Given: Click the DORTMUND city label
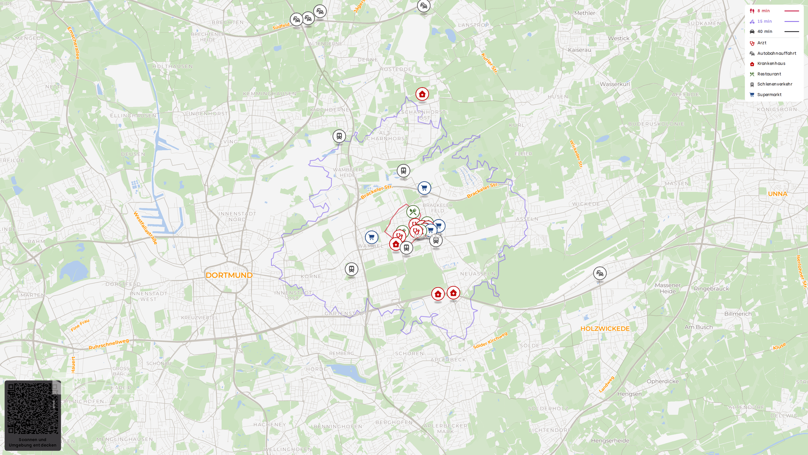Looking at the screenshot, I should coord(229,275).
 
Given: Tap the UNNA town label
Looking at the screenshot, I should coord(777,194).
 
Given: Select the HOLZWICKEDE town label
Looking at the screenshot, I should coord(605,329).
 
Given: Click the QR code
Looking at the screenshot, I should coord(33,408).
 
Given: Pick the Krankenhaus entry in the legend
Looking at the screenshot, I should coord(771,64).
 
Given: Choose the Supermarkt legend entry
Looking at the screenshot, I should coord(769,95).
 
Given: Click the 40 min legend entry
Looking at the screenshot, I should coord(764,32).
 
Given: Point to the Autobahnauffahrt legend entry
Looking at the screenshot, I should coord(776,54).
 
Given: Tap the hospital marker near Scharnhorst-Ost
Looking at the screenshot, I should coord(422,94).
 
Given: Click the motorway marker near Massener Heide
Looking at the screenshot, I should coord(600,273).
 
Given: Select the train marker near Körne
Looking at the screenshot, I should coord(351,269).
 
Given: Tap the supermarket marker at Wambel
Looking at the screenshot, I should coord(372,237).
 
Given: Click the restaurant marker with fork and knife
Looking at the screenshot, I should coord(413,212).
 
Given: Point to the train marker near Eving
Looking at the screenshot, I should coord(339,136).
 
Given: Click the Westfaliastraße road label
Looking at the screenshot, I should coord(146,228).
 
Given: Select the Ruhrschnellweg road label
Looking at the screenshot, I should coord(109,344).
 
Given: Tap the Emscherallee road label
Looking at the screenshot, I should coord(73,43).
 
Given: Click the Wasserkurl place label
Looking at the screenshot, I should coord(615,84).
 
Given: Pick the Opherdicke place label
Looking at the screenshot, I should coord(662,382).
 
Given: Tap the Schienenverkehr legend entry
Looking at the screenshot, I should coord(774,84).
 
